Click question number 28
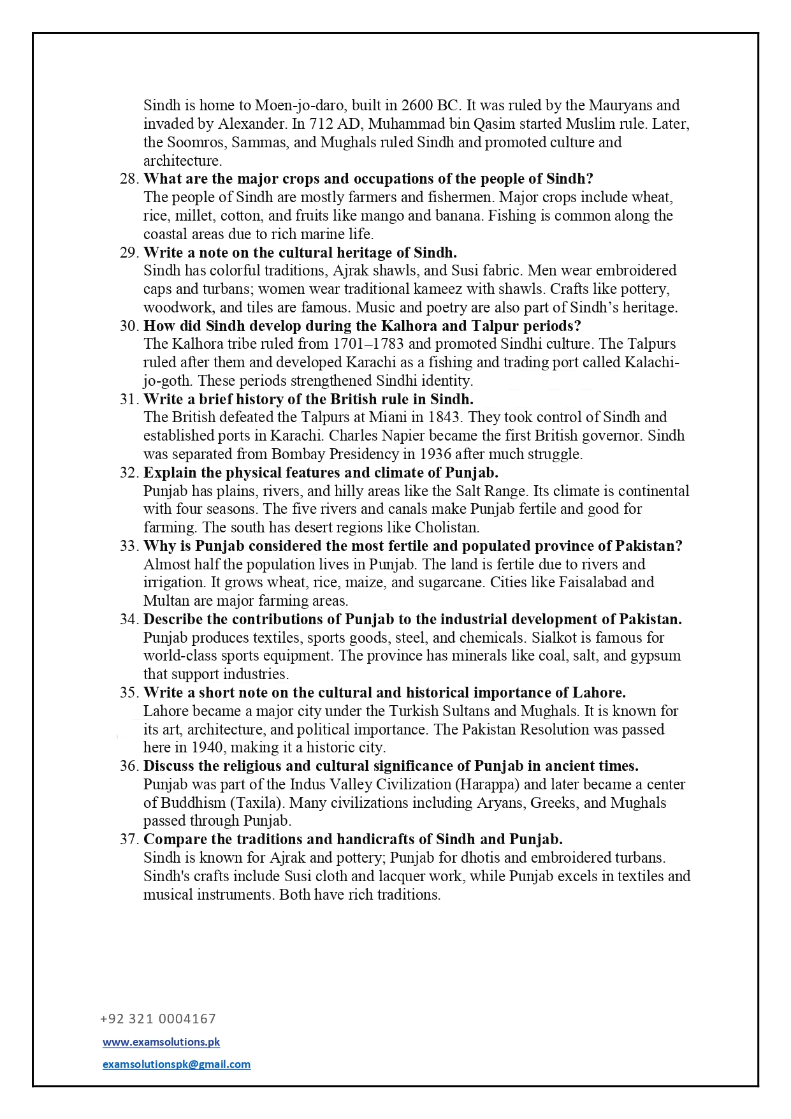click(x=129, y=179)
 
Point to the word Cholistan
click(x=446, y=528)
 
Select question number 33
click(x=129, y=546)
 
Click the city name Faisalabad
click(x=593, y=583)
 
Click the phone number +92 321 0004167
click(x=158, y=1019)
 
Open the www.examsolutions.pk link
click(x=161, y=1042)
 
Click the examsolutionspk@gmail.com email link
click(x=177, y=1064)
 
